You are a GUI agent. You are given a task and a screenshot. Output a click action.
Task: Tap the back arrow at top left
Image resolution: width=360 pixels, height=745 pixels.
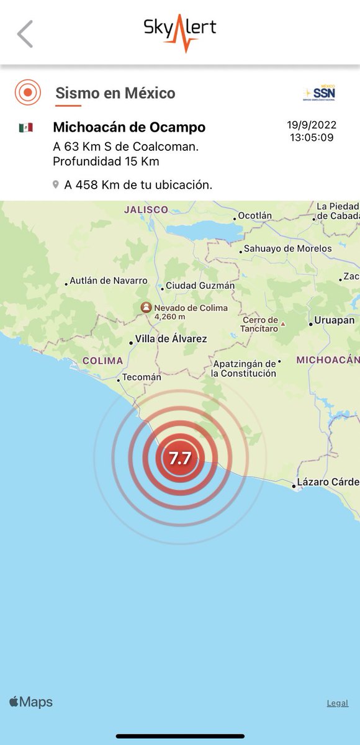point(25,34)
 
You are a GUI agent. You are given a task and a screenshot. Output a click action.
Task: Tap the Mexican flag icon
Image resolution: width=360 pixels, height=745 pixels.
point(25,127)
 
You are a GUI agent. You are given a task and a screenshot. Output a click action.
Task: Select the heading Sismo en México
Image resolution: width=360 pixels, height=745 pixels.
point(115,93)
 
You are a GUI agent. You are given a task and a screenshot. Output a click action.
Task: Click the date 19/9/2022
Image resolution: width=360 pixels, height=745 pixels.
point(310,125)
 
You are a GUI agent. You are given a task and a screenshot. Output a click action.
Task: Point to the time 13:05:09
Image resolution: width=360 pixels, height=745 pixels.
point(311,137)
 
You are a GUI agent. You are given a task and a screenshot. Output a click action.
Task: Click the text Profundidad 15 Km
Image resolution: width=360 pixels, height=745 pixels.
point(106,161)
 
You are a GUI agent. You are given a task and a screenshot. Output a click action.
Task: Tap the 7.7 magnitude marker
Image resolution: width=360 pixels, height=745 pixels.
point(180,459)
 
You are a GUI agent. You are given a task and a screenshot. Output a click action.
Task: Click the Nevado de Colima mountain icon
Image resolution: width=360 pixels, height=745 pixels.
point(146,307)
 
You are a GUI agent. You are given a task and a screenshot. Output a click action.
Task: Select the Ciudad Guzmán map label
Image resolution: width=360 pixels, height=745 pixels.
point(199,286)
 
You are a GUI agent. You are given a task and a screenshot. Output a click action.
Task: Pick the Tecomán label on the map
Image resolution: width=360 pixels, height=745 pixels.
point(142,377)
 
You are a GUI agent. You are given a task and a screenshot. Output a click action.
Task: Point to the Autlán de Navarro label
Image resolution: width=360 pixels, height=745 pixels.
point(109,281)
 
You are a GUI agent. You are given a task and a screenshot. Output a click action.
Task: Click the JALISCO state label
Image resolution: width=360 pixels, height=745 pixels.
point(146,210)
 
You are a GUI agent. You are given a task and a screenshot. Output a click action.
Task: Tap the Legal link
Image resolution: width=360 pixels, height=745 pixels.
point(338,703)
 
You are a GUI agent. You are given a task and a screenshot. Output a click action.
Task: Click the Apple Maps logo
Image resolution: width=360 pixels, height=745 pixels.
point(31,702)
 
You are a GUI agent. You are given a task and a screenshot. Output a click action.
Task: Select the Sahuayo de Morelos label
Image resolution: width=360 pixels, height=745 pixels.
point(288,248)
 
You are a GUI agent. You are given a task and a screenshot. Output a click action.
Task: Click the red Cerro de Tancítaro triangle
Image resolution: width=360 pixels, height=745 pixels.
point(283,323)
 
